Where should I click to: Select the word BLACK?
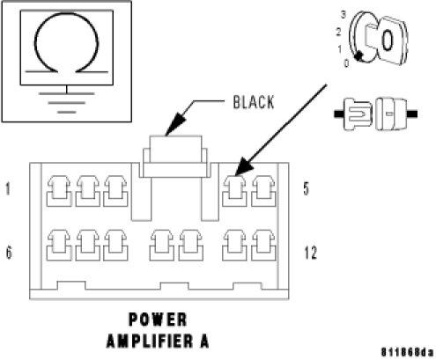pos(254,102)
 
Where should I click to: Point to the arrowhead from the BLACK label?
pos(175,125)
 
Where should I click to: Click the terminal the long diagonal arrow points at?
pos(234,191)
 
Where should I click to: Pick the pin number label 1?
pos(8,188)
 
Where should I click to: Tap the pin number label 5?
pos(306,188)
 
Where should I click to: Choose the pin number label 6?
pos(9,253)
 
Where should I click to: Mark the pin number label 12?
pos(311,253)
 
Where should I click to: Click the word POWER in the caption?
pos(158,320)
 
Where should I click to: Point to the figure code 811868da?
pos(407,352)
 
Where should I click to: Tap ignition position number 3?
pos(343,14)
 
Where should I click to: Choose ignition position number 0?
pos(346,63)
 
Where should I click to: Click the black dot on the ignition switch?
pos(358,55)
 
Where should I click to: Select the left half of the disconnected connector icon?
pos(353,114)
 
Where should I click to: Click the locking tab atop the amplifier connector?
pos(175,157)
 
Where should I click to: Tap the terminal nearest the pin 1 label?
pos(59,191)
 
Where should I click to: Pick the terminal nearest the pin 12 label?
pos(263,246)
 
